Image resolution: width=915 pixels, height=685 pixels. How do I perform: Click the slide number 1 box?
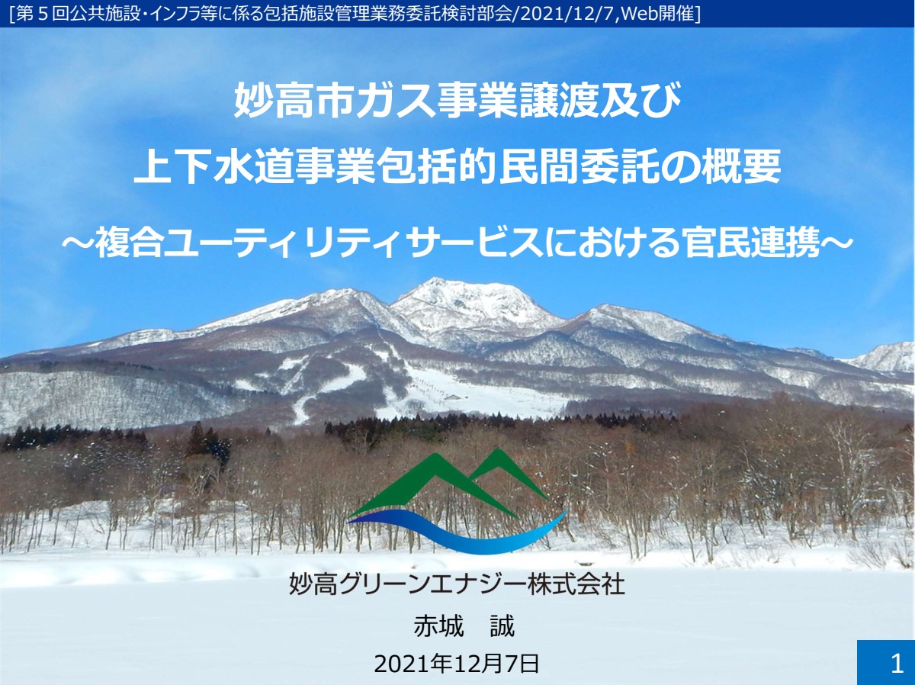(886, 662)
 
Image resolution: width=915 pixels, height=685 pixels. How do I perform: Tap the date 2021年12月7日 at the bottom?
(457, 664)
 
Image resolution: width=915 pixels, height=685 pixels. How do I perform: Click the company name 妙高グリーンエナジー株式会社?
(457, 584)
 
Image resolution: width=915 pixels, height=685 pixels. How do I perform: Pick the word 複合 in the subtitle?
(128, 243)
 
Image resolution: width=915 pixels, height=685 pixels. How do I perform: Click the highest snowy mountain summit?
(434, 280)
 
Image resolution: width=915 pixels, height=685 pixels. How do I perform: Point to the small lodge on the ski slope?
(454, 397)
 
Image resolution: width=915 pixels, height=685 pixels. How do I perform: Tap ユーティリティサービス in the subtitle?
(352, 243)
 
